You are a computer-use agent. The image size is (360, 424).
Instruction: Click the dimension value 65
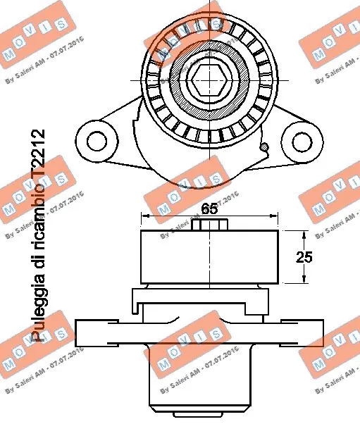(x=209, y=208)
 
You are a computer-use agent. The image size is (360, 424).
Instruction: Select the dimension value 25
(x=303, y=258)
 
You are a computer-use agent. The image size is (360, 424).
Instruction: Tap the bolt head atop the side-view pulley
(x=211, y=225)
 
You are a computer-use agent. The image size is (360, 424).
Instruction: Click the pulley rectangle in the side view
(x=210, y=256)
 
